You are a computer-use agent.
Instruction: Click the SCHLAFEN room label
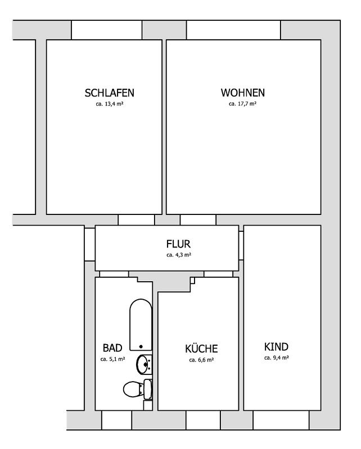point(109,93)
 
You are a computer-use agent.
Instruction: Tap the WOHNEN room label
point(243,93)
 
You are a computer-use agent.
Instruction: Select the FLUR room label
point(178,244)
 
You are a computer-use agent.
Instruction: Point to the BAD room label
point(112,348)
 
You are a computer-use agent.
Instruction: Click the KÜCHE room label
point(201,348)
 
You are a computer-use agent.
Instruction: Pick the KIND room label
point(276,347)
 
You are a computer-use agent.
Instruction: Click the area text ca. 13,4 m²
point(110,104)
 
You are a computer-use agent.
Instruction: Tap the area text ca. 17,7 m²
point(242,104)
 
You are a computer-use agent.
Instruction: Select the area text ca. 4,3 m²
point(179,255)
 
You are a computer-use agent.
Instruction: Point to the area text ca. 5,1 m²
point(113,359)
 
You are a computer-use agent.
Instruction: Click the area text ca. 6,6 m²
point(201,360)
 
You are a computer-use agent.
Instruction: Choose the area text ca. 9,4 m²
point(276,358)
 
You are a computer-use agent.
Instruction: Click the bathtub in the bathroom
point(141,325)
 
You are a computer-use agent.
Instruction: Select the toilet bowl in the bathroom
point(133,389)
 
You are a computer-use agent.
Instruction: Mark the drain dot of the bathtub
point(141,346)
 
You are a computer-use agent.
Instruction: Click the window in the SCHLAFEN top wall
point(106,30)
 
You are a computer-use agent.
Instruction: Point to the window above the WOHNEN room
point(233,30)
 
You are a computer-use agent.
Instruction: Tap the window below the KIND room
point(281,420)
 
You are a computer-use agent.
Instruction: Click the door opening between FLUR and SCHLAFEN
point(136,220)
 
